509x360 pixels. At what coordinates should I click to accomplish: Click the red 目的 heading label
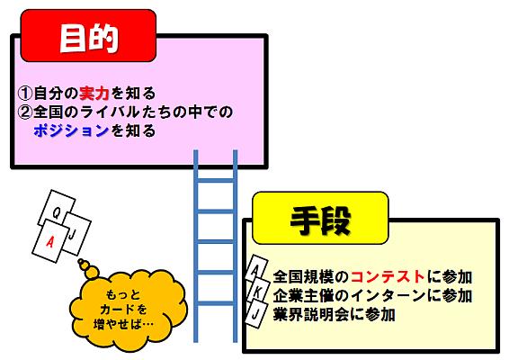(88, 36)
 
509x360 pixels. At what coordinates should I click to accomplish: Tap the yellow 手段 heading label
(320, 218)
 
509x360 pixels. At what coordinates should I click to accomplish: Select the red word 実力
(94, 94)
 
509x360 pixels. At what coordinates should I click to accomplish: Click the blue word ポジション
(71, 130)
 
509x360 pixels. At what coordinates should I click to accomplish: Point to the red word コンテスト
(388, 277)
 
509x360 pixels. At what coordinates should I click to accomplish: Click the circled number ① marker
(25, 94)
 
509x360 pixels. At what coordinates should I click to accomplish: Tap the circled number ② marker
(25, 112)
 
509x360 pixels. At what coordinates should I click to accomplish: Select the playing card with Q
(57, 209)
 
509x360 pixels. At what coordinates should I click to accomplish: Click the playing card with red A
(50, 241)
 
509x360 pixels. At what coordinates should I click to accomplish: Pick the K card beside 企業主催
(257, 292)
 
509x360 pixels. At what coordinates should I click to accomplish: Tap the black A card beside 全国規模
(256, 270)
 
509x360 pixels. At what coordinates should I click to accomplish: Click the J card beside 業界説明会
(256, 314)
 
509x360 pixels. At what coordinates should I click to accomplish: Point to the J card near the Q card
(76, 234)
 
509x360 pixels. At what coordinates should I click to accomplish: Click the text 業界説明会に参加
(334, 314)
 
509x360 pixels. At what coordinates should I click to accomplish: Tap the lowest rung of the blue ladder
(216, 303)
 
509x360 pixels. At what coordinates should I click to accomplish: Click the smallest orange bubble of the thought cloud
(81, 261)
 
